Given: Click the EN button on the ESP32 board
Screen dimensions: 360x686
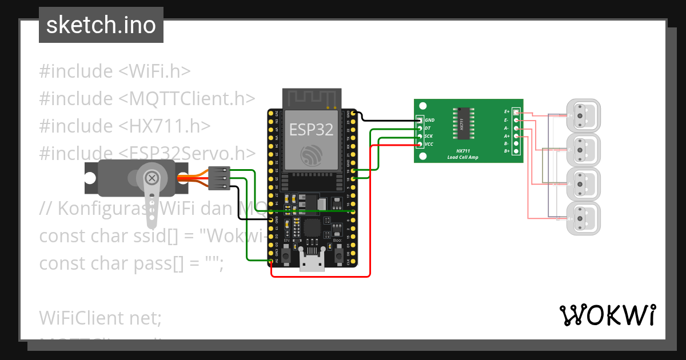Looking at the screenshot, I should [x=285, y=253].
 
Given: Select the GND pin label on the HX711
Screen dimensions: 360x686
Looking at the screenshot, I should [x=430, y=121].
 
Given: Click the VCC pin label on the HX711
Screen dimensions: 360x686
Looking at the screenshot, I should [x=429, y=145].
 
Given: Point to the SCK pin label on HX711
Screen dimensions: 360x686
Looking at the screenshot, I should [x=429, y=137].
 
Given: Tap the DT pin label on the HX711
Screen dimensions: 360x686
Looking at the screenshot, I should [x=428, y=129].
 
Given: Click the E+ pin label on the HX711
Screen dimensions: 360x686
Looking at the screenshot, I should [x=506, y=112].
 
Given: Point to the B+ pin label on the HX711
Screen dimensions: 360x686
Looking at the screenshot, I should [x=506, y=151].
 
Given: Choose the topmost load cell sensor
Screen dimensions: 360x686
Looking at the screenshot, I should [x=583, y=116].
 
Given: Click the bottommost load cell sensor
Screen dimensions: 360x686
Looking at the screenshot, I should [x=583, y=219].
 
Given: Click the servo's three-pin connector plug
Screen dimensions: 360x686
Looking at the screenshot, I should [x=220, y=178].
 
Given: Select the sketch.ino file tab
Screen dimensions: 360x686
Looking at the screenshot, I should [x=101, y=25].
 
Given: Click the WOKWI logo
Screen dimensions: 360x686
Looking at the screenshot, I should [x=607, y=315].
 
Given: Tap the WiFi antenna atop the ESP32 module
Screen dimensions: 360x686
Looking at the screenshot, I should [x=312, y=98].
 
